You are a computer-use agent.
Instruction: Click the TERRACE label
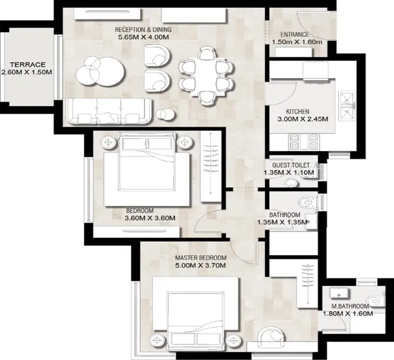click(28, 65)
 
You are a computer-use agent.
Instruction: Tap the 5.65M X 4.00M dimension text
click(144, 37)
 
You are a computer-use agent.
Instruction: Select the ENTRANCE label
click(294, 34)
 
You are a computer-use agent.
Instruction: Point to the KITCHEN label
click(297, 112)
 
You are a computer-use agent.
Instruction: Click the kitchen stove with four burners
click(304, 142)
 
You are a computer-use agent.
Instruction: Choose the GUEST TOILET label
click(291, 165)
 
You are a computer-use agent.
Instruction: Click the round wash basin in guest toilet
click(291, 182)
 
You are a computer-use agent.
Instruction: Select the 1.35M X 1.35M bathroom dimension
click(282, 223)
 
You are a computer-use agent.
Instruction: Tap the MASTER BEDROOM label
click(201, 258)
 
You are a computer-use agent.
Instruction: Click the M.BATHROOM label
click(350, 306)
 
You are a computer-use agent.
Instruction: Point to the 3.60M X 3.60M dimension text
click(150, 218)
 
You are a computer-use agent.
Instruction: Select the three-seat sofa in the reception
click(109, 111)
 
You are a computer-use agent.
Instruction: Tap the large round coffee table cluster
click(100, 71)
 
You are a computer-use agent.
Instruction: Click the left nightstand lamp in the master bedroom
click(157, 341)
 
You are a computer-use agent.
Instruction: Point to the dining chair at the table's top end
click(207, 53)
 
